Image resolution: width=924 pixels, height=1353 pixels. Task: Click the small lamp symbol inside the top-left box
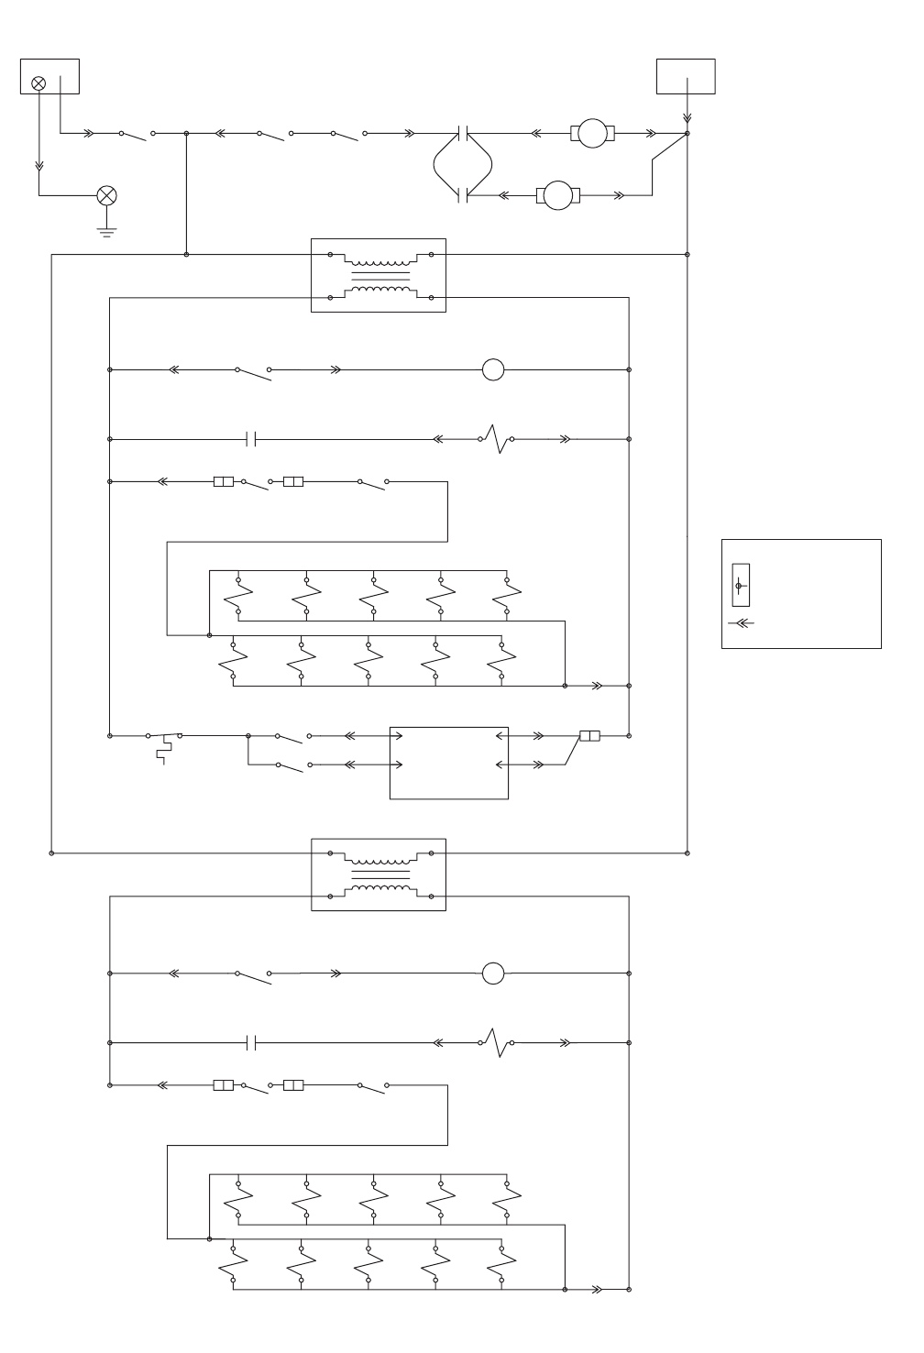pyautogui.click(x=38, y=83)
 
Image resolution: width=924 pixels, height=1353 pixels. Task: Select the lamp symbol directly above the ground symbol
pyautogui.click(x=107, y=195)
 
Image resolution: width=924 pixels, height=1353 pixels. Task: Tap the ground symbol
pyautogui.click(x=107, y=229)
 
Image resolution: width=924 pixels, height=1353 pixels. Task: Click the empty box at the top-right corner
pyautogui.click(x=686, y=76)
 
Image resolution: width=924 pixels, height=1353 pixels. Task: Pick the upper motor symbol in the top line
pyautogui.click(x=592, y=134)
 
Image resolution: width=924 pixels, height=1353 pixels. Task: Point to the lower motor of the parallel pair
pyautogui.click(x=557, y=194)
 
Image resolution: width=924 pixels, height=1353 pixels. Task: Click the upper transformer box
pyautogui.click(x=379, y=275)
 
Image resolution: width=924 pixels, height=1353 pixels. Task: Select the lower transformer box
pyautogui.click(x=379, y=874)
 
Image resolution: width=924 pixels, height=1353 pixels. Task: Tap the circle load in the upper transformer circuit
pyautogui.click(x=493, y=370)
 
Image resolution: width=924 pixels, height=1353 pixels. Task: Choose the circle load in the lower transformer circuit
pyautogui.click(x=493, y=973)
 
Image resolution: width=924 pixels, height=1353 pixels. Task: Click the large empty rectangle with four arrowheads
pyautogui.click(x=448, y=763)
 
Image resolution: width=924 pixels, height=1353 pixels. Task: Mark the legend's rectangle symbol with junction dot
pyautogui.click(x=741, y=585)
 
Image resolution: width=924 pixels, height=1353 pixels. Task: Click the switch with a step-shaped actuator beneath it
pyautogui.click(x=164, y=737)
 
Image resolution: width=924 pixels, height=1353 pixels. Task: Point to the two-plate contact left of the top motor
pyautogui.click(x=463, y=134)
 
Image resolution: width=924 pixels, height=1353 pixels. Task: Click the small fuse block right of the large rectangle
pyautogui.click(x=589, y=735)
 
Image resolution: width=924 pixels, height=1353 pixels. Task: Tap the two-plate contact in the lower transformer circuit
pyautogui.click(x=251, y=1043)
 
